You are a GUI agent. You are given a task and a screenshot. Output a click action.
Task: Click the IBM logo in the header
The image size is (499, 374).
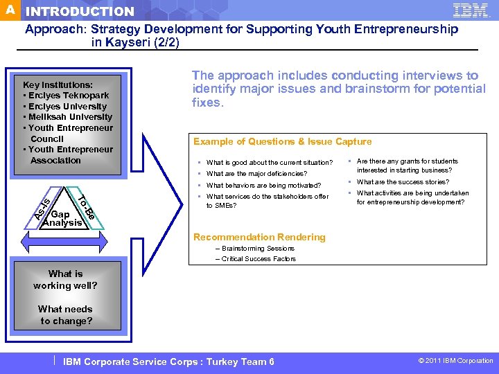[x=471, y=10]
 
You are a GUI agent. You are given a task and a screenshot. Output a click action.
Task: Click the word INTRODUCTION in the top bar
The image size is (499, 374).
[x=80, y=12]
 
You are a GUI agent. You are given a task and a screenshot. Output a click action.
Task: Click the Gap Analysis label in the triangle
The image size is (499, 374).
[x=62, y=219]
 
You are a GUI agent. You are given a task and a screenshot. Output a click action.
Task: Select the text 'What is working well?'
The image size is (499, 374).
[x=65, y=280]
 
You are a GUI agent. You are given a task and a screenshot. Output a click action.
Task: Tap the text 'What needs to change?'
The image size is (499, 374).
[x=65, y=315]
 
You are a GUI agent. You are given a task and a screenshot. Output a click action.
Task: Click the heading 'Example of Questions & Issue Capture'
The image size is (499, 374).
[x=282, y=142]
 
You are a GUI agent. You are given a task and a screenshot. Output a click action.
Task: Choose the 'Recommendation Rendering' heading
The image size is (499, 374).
[x=259, y=237]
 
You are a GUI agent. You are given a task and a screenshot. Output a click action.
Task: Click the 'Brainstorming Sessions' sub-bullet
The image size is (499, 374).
[x=258, y=248]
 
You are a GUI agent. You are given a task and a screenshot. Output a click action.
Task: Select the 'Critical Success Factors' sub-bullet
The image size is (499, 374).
[x=259, y=259]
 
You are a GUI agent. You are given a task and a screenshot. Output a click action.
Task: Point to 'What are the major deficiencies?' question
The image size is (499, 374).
[x=256, y=174]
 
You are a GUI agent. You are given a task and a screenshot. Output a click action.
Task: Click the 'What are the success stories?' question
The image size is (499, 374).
[x=403, y=182]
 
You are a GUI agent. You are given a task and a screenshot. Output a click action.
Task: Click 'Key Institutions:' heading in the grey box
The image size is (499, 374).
[x=58, y=84]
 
